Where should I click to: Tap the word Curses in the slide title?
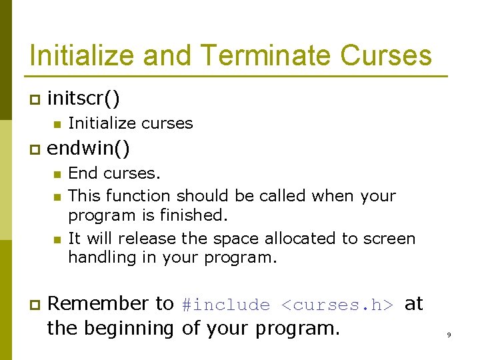tap(386, 55)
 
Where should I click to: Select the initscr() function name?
tap(84, 99)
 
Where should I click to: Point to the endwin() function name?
tap(89, 147)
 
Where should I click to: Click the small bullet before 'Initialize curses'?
tap(57, 124)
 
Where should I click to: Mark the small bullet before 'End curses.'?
tap(57, 174)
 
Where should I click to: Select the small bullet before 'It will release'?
tap(57, 239)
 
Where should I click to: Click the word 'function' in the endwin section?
tap(139, 196)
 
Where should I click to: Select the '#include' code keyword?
tap(225, 305)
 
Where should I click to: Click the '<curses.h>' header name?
tap(338, 305)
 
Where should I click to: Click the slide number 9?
tap(449, 335)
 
